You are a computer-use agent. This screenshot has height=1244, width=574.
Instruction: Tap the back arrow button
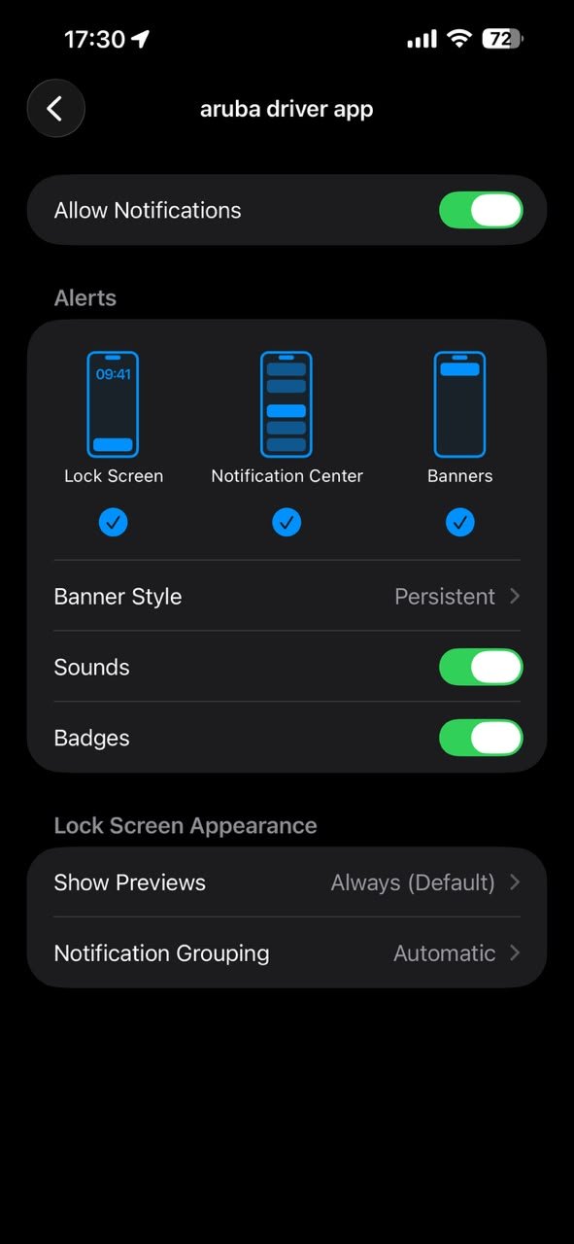pyautogui.click(x=56, y=108)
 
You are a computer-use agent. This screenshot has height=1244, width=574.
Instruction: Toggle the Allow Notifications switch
pyautogui.click(x=481, y=210)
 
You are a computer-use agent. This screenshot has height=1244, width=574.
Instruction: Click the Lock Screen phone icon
pyautogui.click(x=113, y=404)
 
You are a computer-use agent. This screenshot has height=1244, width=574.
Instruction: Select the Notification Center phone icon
pyautogui.click(x=287, y=404)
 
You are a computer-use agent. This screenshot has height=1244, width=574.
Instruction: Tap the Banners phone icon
pyautogui.click(x=459, y=404)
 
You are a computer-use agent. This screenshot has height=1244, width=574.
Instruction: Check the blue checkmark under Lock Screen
pyautogui.click(x=114, y=522)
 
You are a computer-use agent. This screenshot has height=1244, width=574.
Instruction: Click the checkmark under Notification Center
pyautogui.click(x=287, y=522)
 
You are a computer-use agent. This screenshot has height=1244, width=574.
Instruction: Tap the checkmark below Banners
pyautogui.click(x=460, y=522)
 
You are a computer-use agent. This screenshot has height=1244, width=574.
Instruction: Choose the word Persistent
pyautogui.click(x=445, y=597)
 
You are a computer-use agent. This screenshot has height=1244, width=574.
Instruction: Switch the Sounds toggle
pyautogui.click(x=481, y=667)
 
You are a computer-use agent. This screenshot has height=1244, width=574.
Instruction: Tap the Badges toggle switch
pyautogui.click(x=481, y=738)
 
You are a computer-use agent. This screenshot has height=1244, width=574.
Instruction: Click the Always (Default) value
pyautogui.click(x=413, y=882)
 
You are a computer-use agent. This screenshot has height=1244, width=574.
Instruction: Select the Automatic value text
pyautogui.click(x=445, y=953)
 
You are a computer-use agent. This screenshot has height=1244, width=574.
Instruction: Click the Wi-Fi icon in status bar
pyautogui.click(x=459, y=38)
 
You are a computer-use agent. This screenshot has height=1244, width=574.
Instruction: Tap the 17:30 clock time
pyautogui.click(x=94, y=40)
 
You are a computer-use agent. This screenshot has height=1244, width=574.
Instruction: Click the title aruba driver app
pyautogui.click(x=287, y=110)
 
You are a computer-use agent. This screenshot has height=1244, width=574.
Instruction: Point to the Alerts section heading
pyautogui.click(x=85, y=298)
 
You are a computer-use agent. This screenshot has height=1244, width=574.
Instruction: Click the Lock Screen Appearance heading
pyautogui.click(x=186, y=826)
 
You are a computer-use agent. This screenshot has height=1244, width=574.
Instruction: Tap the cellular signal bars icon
pyautogui.click(x=422, y=40)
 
